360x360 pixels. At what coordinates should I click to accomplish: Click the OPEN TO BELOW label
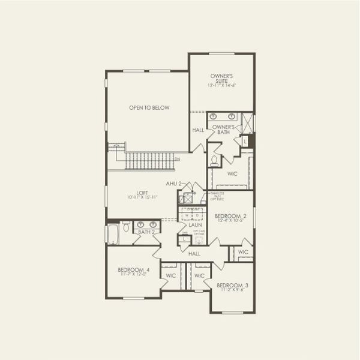tap(149, 108)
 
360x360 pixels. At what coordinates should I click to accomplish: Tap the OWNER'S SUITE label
tap(221, 81)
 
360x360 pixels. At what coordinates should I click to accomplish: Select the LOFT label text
tap(142, 195)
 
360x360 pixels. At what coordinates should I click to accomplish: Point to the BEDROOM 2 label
tap(231, 218)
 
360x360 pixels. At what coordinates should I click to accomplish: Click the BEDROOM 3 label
tap(230, 287)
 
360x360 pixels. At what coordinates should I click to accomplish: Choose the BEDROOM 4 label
tap(134, 272)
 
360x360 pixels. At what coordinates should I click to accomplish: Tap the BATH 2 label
tap(146, 232)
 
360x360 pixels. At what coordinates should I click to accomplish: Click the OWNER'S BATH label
tap(223, 130)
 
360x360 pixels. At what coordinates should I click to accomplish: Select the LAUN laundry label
tap(195, 225)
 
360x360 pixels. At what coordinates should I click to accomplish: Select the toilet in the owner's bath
tap(214, 160)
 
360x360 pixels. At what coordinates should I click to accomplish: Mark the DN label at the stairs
tap(177, 159)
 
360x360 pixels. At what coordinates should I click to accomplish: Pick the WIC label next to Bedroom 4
tap(170, 276)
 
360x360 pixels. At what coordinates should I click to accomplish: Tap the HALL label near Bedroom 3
tap(194, 254)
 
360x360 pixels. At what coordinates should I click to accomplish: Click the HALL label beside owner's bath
tap(198, 130)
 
